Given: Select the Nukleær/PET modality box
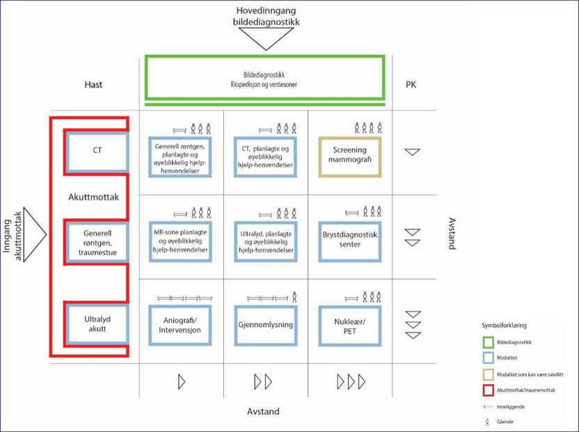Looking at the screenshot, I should [x=349, y=325].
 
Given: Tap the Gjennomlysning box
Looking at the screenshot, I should [x=265, y=325].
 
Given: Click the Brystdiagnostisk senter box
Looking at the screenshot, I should [x=349, y=241].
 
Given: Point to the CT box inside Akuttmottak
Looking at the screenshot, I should [x=97, y=151].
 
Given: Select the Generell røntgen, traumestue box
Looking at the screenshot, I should [x=97, y=241].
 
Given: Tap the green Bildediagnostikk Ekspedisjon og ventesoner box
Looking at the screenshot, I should [x=264, y=78].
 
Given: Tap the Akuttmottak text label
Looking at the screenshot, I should [x=94, y=197].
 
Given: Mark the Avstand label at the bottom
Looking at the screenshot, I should [x=264, y=411].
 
